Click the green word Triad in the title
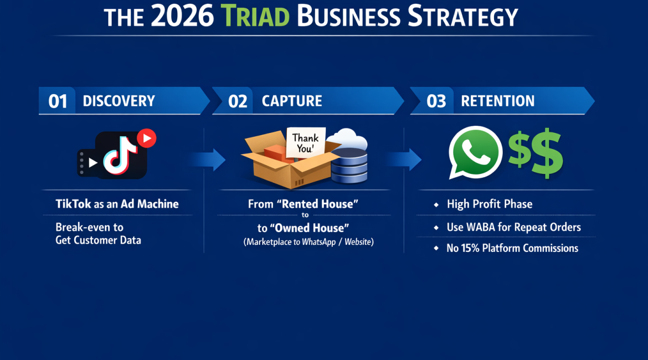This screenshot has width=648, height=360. pos(255,16)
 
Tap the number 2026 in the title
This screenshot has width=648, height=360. pos(182,16)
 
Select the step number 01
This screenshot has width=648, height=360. pos(58,101)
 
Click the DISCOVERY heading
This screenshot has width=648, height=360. pos(119,101)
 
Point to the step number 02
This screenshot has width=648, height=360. pos(238,101)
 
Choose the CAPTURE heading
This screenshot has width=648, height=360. pos(292,101)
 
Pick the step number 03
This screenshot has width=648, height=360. pos(436,101)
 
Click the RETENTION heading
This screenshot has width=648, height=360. pos(497,101)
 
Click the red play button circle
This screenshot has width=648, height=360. pos(147,138)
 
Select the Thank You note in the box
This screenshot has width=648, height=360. pos(306,142)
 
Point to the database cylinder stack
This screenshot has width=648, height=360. pos(349,166)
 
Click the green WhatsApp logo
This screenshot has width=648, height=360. pos(475,152)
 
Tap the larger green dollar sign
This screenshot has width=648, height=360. pos(547,153)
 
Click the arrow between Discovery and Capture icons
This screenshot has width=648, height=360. pos(208,160)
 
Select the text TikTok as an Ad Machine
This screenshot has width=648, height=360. pos(117,204)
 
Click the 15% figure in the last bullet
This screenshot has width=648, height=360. pos(470,248)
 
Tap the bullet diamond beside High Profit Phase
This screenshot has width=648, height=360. pos(436,204)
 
